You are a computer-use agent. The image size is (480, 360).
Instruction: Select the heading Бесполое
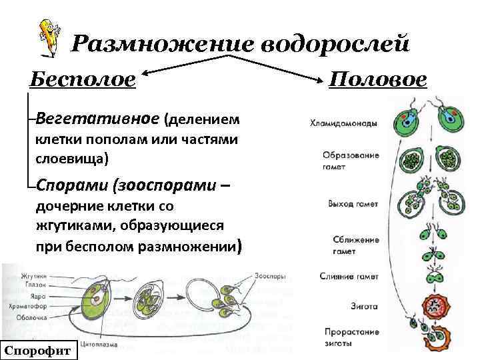pos(83,80)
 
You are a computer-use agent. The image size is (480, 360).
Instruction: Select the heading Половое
pos(378,80)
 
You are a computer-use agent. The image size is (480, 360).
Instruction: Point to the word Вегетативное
pos(97,119)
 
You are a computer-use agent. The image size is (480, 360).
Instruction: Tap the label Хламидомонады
pos(343,123)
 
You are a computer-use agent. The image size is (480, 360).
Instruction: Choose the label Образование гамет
pos(351,160)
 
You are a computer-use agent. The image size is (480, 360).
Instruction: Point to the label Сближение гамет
pos(351,245)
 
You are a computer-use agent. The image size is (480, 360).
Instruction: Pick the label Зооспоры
pos(269,274)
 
